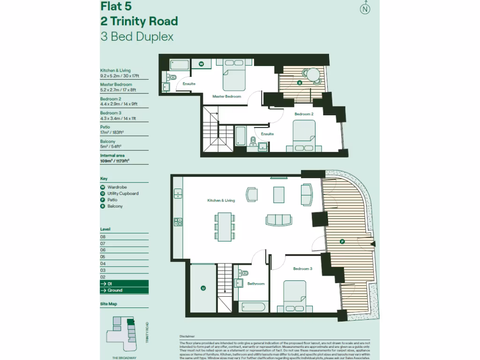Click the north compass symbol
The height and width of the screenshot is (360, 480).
[x=364, y=8]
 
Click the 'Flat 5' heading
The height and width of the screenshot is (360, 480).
[x=116, y=6]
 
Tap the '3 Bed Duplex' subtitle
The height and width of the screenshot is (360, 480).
[x=137, y=36]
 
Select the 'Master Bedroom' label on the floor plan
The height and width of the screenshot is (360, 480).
[x=226, y=97]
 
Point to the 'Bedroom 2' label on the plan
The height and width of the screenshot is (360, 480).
[x=303, y=114]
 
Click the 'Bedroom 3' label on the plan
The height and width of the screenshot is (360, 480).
[x=302, y=269]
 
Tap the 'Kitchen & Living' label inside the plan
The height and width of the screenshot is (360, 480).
[x=221, y=200]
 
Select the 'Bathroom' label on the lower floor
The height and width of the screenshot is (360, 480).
[x=256, y=284]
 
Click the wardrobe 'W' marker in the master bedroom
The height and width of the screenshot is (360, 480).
[x=201, y=64]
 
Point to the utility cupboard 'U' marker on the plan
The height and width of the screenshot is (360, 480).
[x=203, y=288]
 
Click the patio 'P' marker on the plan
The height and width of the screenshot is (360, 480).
[x=342, y=242]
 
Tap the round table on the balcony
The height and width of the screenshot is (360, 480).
[x=312, y=74]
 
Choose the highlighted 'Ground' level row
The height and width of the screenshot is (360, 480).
[x=124, y=290]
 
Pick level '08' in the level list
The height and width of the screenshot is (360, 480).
[x=103, y=237]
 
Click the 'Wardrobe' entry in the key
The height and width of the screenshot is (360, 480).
[x=117, y=187]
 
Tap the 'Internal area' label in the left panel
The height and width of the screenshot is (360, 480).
[x=112, y=155]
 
